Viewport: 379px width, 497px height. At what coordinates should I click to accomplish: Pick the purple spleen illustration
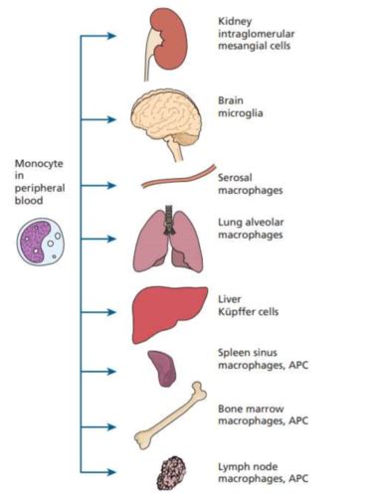(163, 367)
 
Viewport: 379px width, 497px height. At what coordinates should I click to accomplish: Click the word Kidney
(234, 20)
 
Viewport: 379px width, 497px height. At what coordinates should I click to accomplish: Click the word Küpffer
(240, 311)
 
